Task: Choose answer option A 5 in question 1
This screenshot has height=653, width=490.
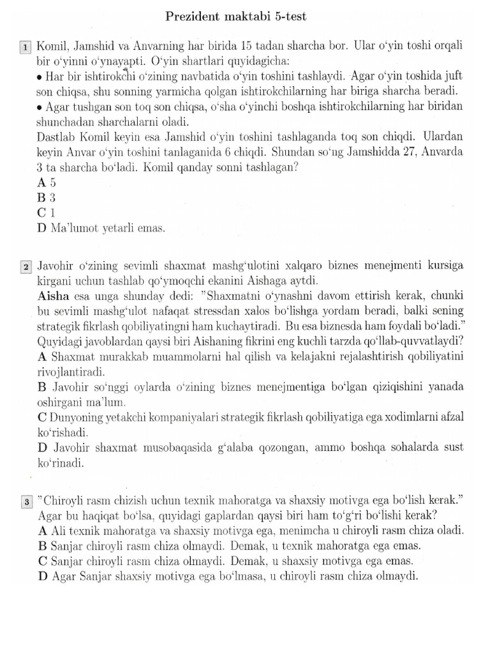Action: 48,182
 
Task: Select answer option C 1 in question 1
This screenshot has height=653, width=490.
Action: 48,212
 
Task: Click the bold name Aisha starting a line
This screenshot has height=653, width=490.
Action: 54,297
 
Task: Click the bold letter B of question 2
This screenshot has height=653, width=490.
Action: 43,387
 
